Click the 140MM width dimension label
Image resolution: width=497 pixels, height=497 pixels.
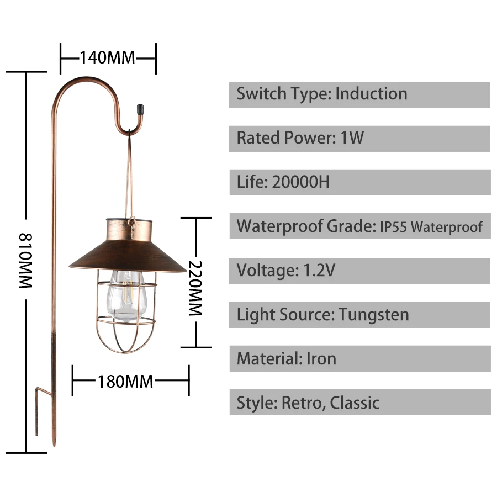(108, 57)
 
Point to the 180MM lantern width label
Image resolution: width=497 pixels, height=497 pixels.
(125, 381)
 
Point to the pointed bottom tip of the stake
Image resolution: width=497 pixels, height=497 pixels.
(54, 442)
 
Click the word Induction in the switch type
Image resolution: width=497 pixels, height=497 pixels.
(371, 94)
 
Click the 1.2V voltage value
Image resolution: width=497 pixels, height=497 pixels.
(319, 271)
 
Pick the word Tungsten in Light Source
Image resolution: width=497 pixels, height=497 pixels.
(374, 315)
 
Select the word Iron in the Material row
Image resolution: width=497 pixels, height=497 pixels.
(321, 359)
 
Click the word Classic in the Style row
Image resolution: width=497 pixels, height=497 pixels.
(355, 403)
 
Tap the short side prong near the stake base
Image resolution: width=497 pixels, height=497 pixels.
(38, 411)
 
